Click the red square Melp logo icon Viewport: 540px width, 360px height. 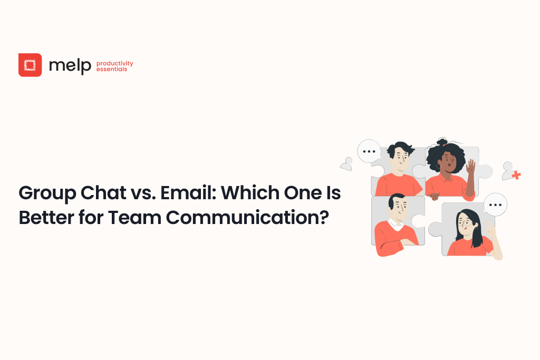pos(30,65)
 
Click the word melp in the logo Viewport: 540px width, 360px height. pos(70,65)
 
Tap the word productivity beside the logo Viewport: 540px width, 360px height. pos(114,63)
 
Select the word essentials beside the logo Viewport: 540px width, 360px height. pos(112,69)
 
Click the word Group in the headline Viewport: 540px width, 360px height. pos(47,193)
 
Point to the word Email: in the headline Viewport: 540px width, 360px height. pos(188,192)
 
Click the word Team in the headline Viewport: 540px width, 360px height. pos(134,218)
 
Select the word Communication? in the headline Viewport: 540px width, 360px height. pos(247,218)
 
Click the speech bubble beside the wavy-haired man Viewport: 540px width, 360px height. pos(369,151)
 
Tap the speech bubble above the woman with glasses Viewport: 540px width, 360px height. pos(495,205)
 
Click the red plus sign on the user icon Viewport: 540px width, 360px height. pos(516,175)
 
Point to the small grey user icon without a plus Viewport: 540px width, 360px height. pos(346,164)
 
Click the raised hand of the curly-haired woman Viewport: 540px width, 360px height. pos(470,167)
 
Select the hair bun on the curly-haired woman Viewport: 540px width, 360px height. pos(442,141)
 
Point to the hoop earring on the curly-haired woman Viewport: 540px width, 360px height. pos(438,167)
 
